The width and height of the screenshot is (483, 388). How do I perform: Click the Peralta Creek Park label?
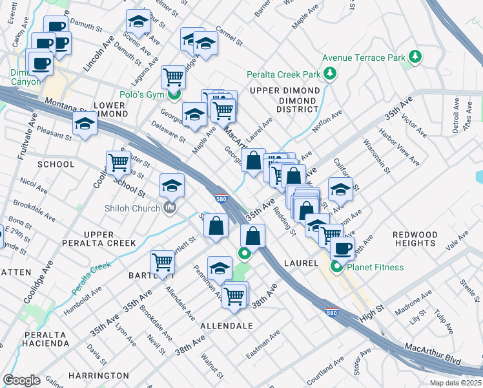coord(283,74)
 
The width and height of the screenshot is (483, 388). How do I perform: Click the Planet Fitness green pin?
coord(336,266)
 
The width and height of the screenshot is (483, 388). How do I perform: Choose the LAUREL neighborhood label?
coord(301,264)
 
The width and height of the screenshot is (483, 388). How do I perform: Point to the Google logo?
coord(21,380)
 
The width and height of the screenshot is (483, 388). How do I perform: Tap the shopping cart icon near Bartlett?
coord(161,262)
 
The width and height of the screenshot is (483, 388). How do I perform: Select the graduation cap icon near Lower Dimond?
coord(85,123)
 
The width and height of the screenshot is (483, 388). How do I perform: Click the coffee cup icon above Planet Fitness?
coord(342,248)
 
